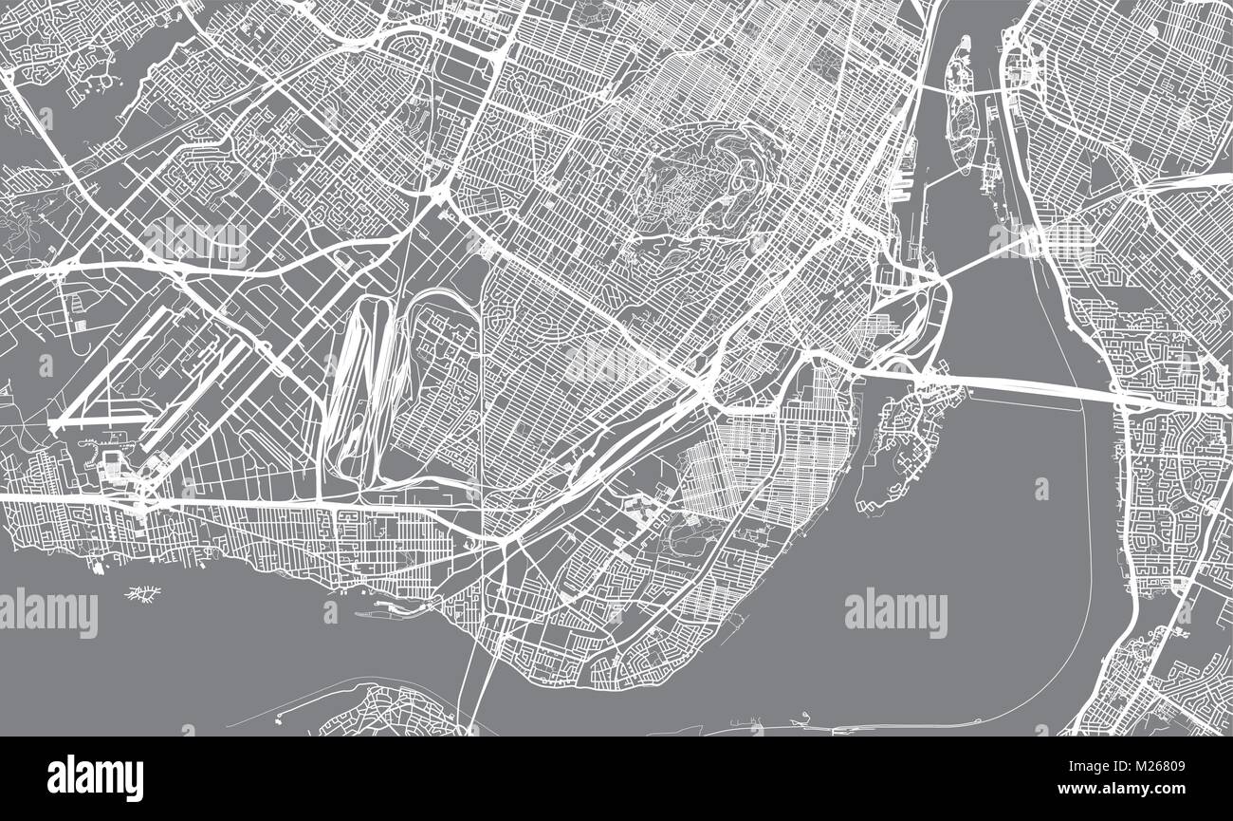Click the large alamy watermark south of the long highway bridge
894,612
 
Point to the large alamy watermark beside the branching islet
48,612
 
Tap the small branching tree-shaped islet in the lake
143,594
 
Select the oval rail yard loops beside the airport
365,380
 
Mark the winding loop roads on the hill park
702,180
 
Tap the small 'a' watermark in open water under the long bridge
1041,489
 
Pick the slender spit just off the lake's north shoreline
389,608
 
